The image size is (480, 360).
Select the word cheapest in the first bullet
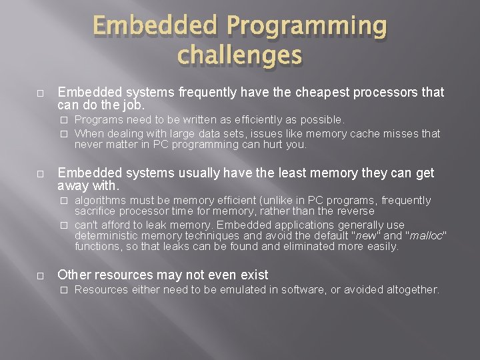click(x=289, y=92)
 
